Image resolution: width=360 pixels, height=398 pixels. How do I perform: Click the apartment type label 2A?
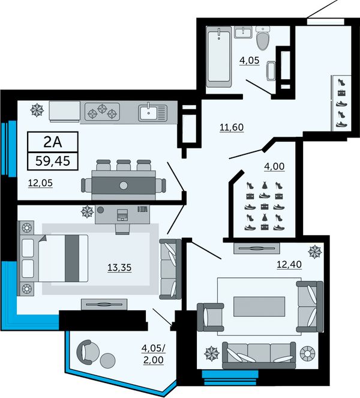tap(53, 142)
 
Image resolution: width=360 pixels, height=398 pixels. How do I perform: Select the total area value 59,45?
tap(53, 161)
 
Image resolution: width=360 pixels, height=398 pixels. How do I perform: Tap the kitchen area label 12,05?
tap(40, 182)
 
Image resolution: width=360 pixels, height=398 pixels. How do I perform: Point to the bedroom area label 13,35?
tap(119, 268)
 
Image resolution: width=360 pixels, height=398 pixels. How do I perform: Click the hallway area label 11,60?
tap(232, 127)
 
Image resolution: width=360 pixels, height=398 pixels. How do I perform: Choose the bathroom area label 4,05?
tap(250, 61)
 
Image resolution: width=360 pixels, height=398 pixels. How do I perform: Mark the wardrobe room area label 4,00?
tap(274, 166)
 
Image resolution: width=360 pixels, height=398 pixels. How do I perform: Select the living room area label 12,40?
tap(289, 265)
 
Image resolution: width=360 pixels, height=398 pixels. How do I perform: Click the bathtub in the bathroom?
tap(218, 57)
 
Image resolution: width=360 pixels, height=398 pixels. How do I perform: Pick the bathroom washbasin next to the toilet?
tap(243, 32)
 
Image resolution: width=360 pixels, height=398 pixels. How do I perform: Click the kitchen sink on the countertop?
tap(153, 112)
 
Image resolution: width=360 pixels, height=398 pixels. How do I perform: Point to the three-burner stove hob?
tap(102, 112)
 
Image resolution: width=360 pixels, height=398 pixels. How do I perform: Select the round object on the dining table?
tap(124, 185)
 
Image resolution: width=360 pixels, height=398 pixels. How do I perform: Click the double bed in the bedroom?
tap(54, 258)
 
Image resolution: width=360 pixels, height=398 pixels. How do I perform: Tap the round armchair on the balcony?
tap(88, 352)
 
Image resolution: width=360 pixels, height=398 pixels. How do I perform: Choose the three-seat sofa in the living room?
tap(259, 355)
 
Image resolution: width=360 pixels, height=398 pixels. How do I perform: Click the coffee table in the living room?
tap(259, 307)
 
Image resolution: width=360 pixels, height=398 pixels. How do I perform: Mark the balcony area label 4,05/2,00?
tap(153, 354)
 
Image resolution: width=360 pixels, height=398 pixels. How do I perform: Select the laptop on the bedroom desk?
tap(122, 215)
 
